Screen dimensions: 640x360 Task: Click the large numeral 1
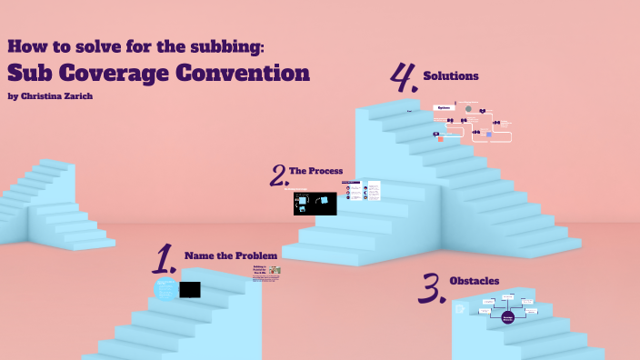[165, 259]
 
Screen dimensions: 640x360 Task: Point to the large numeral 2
[279, 175]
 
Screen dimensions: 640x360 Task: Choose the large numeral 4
[403, 79]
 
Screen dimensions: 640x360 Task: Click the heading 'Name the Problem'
[231, 255]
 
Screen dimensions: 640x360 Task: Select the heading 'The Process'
[315, 170]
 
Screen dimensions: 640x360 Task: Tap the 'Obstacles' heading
[474, 280]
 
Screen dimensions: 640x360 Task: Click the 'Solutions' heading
[451, 76]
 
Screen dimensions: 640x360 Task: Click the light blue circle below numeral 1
[165, 290]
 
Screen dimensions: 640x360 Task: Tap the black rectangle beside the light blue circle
[190, 290]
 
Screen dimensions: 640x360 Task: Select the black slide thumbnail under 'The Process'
[315, 204]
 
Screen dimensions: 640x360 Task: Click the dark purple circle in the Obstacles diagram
[507, 317]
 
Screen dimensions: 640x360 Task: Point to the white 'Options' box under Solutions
[444, 107]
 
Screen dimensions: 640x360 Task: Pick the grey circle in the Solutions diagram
[469, 109]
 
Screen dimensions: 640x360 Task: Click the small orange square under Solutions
[440, 138]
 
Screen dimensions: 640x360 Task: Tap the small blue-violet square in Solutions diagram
[489, 135]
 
